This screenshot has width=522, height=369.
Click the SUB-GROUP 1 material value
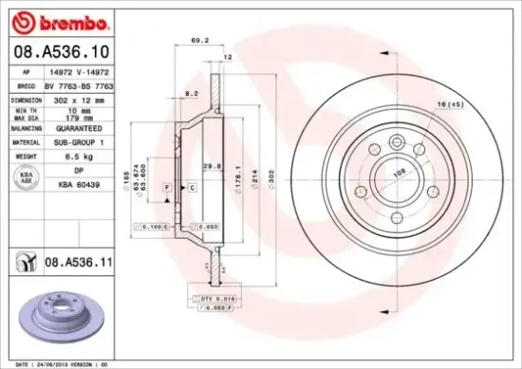(x=76, y=139)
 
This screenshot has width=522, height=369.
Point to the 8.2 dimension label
(x=191, y=94)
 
